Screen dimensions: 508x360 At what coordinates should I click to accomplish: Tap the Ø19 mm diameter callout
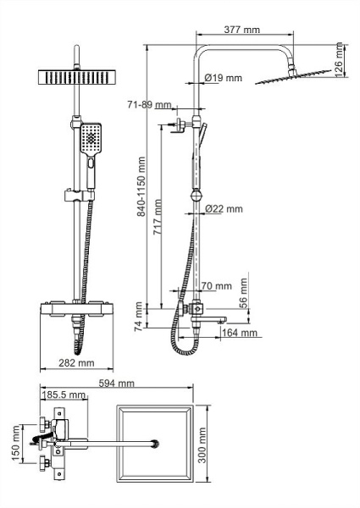[224, 79]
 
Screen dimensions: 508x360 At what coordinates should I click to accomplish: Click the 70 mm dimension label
[217, 286]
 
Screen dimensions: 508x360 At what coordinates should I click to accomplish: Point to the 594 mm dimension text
[116, 384]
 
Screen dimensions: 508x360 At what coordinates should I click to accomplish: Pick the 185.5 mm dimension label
[64, 395]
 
